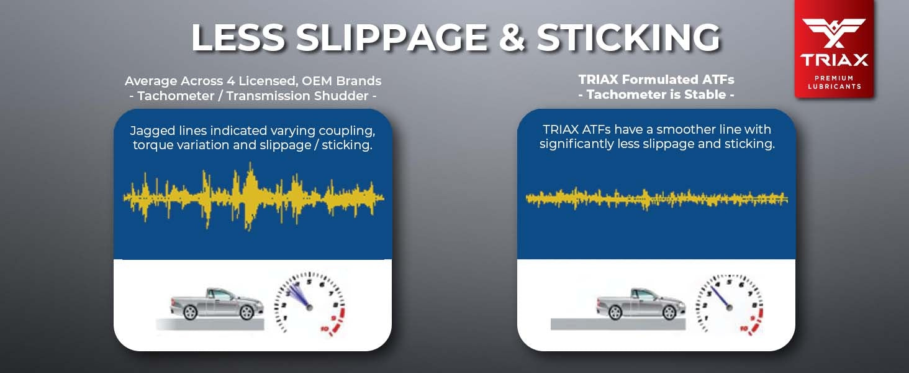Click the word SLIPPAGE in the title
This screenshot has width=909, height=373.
click(392, 37)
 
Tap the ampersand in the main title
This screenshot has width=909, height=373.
click(512, 37)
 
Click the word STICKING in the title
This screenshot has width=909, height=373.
click(628, 37)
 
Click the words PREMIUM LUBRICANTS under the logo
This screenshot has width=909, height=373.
click(834, 82)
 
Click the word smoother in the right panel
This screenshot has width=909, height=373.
click(685, 129)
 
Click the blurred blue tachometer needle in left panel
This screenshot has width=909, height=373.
click(299, 298)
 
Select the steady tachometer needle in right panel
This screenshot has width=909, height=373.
click(720, 298)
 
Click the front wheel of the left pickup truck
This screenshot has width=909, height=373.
click(246, 312)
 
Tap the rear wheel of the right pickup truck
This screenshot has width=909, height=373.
click(615, 312)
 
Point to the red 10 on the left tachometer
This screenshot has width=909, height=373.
click(324, 329)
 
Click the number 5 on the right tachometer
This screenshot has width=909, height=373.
click(729, 282)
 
